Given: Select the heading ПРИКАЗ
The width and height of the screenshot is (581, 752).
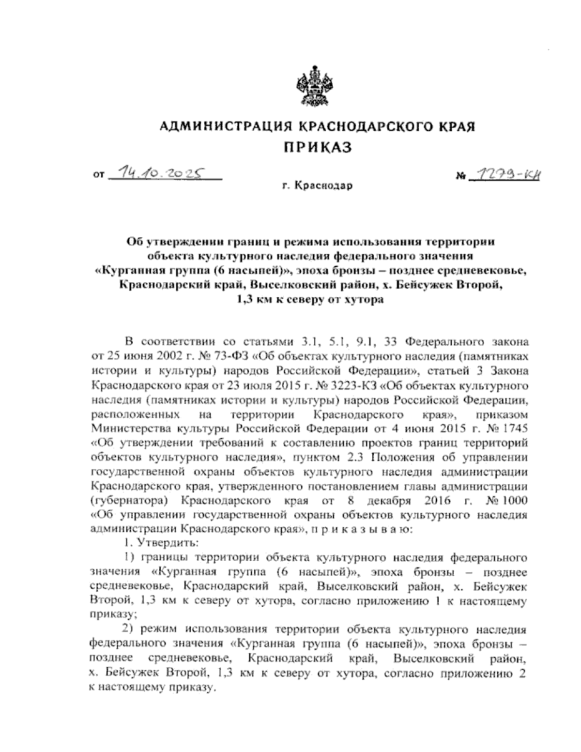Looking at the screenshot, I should tap(317, 147).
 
